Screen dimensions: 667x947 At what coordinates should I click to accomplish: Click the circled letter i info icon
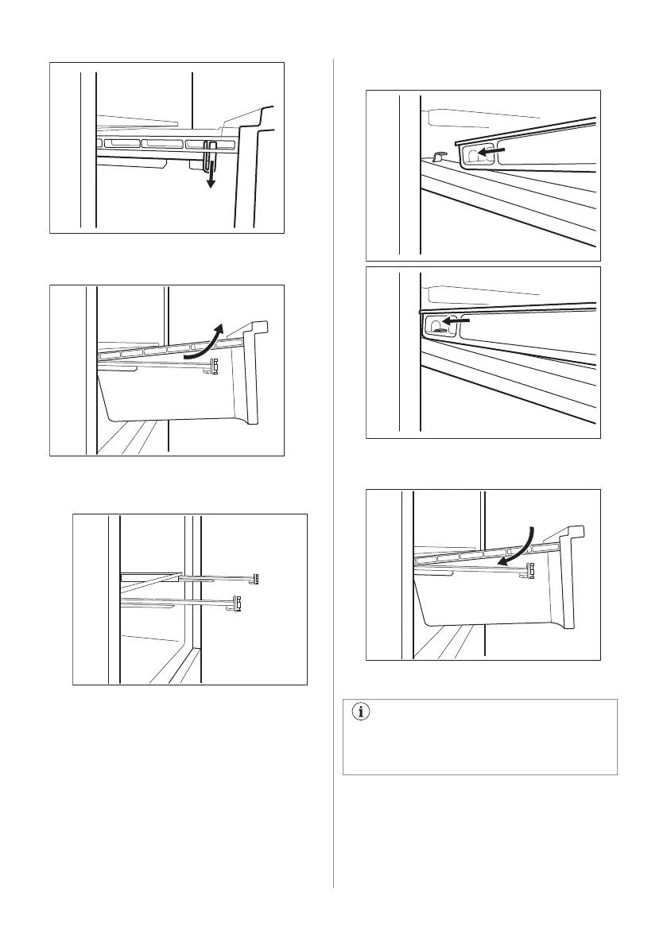pos(363,712)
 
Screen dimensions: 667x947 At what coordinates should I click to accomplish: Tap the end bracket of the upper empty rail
pos(257,578)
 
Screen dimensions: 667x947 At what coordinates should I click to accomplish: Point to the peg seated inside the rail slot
pos(436,324)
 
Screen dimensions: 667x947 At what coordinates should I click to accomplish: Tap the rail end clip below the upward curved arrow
pos(213,367)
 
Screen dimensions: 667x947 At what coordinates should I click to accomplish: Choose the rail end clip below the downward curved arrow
pos(530,569)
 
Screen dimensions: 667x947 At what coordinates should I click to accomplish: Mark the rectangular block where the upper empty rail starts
pos(151,576)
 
